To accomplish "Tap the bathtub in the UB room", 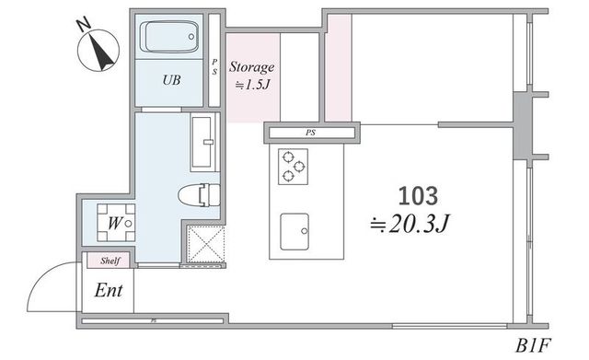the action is (x=169, y=37).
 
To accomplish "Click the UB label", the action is (x=171, y=80).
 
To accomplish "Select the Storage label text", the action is (x=251, y=67).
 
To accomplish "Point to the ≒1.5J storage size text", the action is (x=252, y=85).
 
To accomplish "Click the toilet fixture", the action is (x=199, y=195).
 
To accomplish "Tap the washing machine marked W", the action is (x=116, y=223).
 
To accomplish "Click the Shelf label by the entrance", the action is (x=110, y=261).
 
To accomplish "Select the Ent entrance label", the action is (x=109, y=290).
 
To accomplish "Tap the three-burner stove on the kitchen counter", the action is (x=293, y=167).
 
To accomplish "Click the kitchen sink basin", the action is (x=294, y=231).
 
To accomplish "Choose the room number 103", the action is (x=418, y=196).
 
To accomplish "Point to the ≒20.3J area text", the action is (x=410, y=224).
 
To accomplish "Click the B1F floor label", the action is (x=533, y=345).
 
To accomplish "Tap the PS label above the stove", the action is (x=310, y=133).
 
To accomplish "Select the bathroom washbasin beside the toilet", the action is (x=202, y=142).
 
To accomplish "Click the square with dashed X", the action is (x=206, y=244).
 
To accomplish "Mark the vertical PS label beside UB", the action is (x=214, y=67).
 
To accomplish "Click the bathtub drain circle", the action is (x=191, y=37).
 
